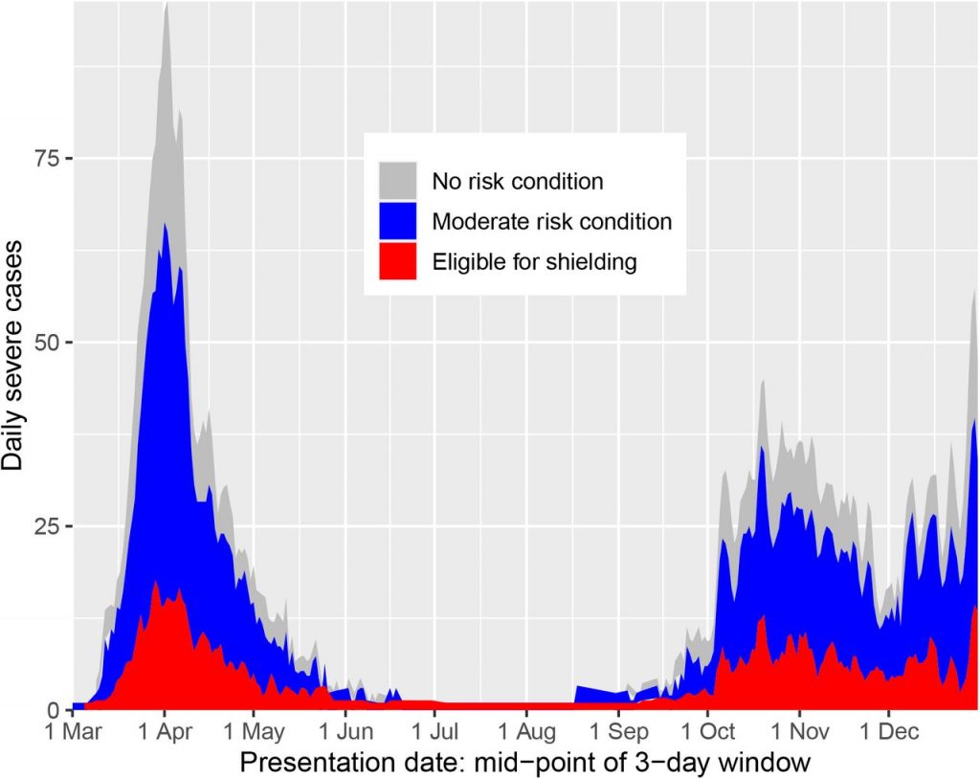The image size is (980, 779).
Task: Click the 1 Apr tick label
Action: tap(164, 733)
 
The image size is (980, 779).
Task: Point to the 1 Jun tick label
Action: tap(345, 733)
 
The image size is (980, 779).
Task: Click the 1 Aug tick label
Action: tap(525, 733)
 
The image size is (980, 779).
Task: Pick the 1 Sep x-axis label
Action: tap(617, 733)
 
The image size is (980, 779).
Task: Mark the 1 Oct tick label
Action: tap(707, 733)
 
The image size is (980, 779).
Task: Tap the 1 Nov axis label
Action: tap(798, 733)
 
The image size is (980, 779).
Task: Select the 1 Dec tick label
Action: tap(887, 733)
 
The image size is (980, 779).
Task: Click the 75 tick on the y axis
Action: tap(48, 158)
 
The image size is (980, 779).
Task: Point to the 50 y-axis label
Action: tap(48, 343)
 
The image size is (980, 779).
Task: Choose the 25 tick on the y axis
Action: tap(48, 526)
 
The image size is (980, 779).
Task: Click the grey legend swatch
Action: tap(397, 180)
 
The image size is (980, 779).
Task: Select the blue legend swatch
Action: tap(397, 221)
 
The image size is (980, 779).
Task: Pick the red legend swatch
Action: tap(397, 261)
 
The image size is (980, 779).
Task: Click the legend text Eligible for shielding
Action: tap(534, 261)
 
